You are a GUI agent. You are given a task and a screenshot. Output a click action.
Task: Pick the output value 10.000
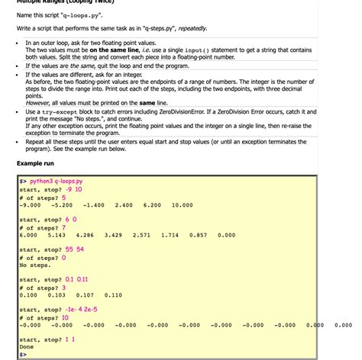(x=183, y=205)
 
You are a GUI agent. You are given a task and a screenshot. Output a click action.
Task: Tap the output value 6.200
(x=153, y=205)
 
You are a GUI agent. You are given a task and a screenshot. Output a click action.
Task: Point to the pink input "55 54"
(x=75, y=249)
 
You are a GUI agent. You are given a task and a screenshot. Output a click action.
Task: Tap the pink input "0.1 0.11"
(x=76, y=279)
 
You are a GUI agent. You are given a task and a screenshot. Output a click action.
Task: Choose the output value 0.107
(x=86, y=295)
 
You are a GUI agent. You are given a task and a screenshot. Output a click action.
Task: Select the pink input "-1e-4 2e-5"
(x=81, y=310)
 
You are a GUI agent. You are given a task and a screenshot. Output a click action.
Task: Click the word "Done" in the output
(x=27, y=347)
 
